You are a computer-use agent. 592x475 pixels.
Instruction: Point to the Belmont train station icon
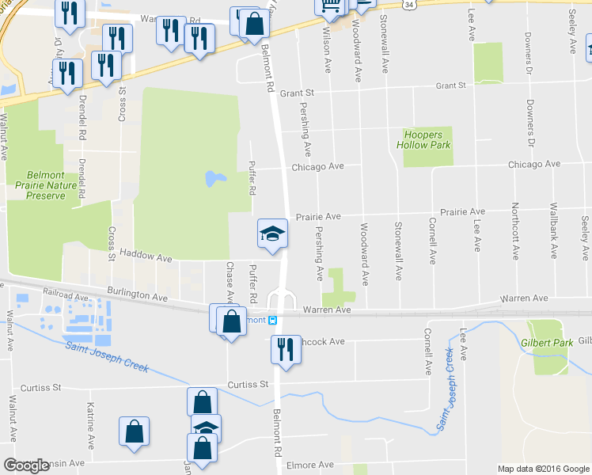point(272,321)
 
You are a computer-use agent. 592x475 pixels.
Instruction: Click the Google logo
point(26,465)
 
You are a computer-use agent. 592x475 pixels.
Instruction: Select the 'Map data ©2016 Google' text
point(544,469)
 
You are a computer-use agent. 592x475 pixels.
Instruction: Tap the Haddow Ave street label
point(146,258)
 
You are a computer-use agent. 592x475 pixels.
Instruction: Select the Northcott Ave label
point(514,231)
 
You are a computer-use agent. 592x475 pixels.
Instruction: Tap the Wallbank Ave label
point(554,231)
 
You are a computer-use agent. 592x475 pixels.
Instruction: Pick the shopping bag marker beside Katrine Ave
point(135,431)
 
